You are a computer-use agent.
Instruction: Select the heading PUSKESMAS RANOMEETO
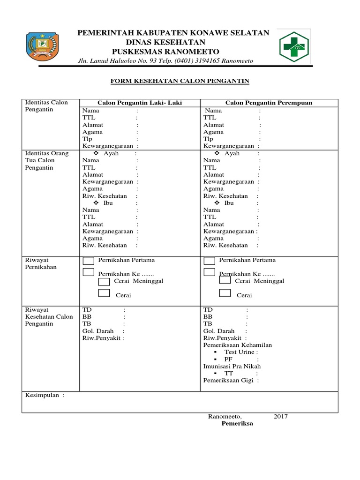point(165,51)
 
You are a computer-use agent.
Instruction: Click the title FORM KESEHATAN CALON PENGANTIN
point(180,81)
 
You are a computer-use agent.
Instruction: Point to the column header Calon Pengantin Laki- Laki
point(140,103)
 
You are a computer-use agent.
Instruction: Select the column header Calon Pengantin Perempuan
point(269,103)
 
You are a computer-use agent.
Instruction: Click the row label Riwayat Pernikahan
point(40,263)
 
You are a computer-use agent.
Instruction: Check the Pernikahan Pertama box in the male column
point(88,261)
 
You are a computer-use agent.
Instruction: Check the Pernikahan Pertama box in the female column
point(209,261)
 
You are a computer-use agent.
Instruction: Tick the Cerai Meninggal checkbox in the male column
point(104,282)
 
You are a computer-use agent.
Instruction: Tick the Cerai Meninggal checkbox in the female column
point(225,281)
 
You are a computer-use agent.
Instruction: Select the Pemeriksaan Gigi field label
point(229,380)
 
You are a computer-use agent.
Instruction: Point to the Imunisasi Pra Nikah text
point(232,366)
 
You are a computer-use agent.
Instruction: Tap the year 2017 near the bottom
point(281,416)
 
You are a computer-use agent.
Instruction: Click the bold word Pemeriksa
point(237,423)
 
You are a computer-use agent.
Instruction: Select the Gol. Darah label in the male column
point(98,331)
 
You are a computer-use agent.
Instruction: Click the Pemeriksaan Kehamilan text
point(237,345)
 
